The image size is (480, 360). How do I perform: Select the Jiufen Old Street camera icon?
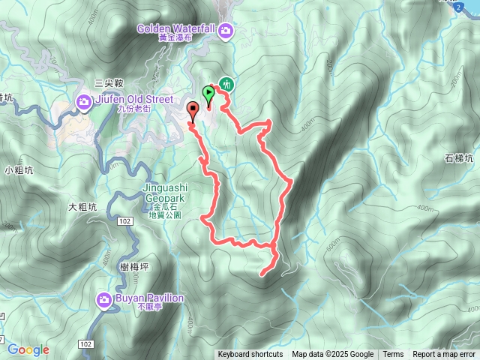[x=84, y=102]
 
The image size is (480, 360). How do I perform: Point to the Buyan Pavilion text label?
[x=149, y=298]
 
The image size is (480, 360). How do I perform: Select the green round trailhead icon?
[x=226, y=85]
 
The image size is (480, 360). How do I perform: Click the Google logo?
[x=28, y=349]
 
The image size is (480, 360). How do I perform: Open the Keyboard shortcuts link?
[x=250, y=355]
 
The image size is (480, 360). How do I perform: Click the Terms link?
[x=393, y=355]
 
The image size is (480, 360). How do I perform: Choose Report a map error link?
[x=444, y=355]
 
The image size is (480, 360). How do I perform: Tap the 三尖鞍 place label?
[x=109, y=83]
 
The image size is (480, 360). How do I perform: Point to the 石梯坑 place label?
[x=459, y=159]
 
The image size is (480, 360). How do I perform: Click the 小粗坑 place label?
[x=19, y=169]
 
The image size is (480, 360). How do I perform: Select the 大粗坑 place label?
[x=83, y=207]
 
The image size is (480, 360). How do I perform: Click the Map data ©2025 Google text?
[x=333, y=355]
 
